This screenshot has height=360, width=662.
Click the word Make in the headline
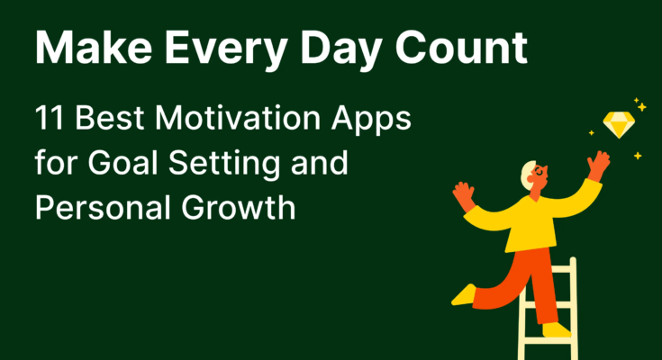[x=94, y=48]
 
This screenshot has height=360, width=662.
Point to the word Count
[x=461, y=48]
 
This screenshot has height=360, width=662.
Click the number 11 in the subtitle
[x=49, y=118]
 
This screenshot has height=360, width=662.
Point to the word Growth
[x=238, y=208]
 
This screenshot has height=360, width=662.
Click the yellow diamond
[x=619, y=124]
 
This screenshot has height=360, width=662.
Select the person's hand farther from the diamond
[x=465, y=195]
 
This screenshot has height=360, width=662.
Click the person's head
[x=534, y=175]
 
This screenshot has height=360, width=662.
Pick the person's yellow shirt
[x=532, y=220]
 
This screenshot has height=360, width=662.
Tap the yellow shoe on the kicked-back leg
[x=463, y=295]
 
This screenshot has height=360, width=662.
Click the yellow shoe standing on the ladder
[x=557, y=330]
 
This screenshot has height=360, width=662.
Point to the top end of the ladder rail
[x=573, y=258]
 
